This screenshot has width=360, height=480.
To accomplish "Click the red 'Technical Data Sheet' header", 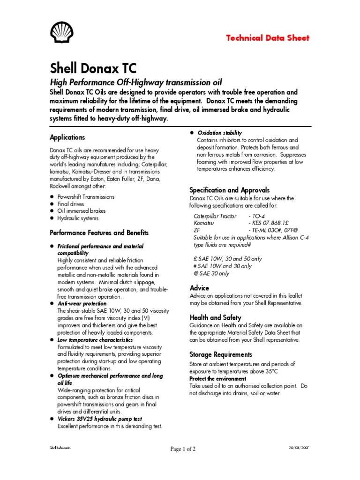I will click(x=268, y=38).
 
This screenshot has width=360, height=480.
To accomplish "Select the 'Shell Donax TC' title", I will click(x=93, y=68).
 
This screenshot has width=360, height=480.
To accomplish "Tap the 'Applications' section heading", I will click(x=67, y=137).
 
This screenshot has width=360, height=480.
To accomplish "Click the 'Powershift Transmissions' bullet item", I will click(x=86, y=197).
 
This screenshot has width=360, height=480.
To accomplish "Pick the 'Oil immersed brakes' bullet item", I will click(x=82, y=211).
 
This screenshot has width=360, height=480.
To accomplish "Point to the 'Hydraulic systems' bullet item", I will click(x=78, y=218).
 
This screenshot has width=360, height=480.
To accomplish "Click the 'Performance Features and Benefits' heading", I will click(x=99, y=232).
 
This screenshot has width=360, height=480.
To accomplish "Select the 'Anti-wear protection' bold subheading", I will click(x=82, y=303).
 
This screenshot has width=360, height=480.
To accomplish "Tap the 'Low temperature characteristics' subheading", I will click(x=95, y=339).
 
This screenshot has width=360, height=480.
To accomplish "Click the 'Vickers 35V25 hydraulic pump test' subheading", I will click(x=100, y=419).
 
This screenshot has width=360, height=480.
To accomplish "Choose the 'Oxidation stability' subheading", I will click(x=219, y=133).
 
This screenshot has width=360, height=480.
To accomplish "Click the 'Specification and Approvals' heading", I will click(x=229, y=190).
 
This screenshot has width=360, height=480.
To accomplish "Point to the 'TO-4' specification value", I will click(x=257, y=216).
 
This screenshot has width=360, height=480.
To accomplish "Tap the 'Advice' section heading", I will click(x=199, y=288).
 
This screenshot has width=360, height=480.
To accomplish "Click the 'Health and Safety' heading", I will click(x=216, y=317).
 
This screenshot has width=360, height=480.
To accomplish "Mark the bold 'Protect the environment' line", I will click(x=217, y=378).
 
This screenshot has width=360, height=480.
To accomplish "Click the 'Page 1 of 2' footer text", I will click(x=183, y=449).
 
